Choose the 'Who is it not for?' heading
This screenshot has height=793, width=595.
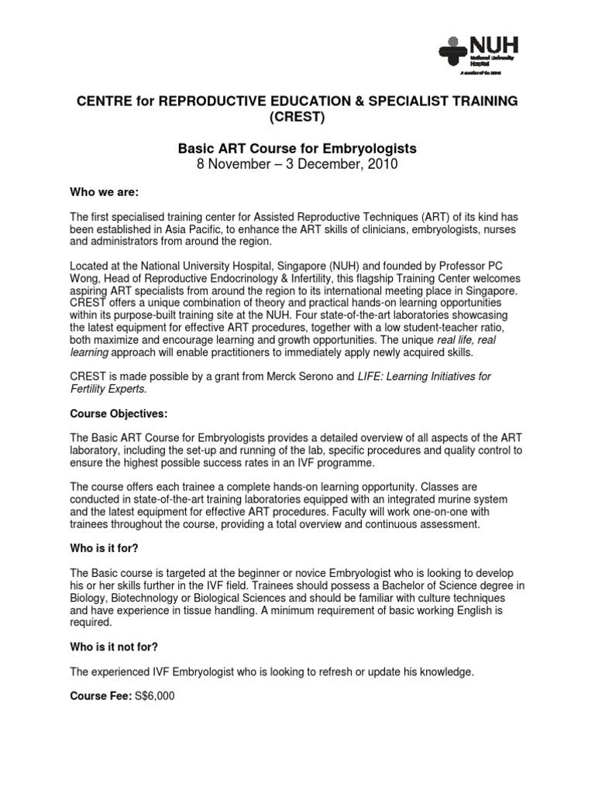point(120,651)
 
